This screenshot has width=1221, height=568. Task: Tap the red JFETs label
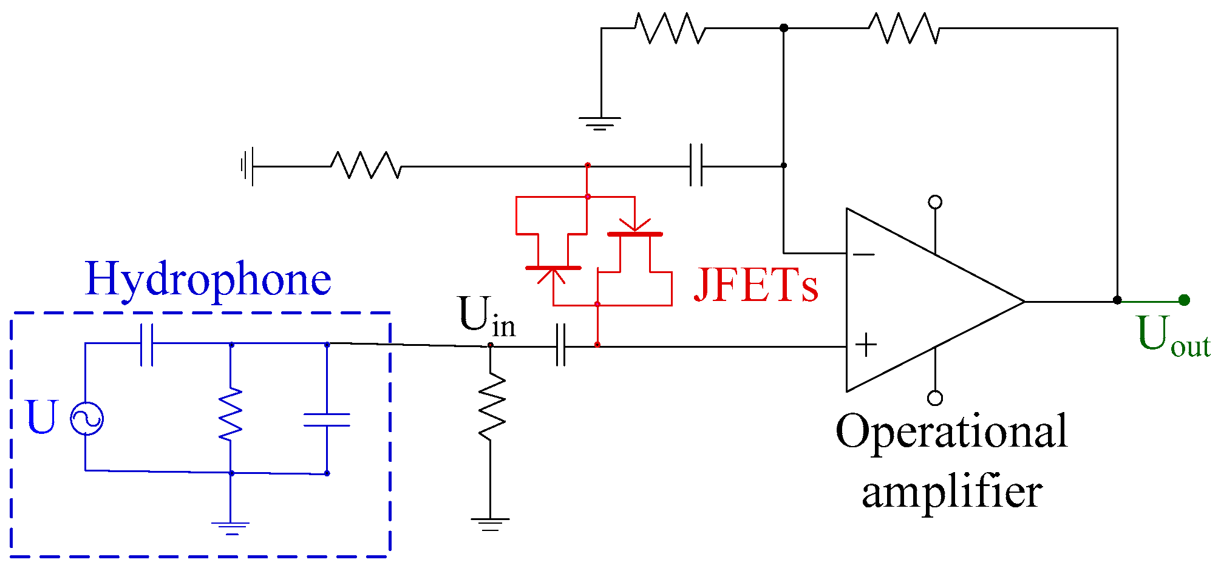click(x=756, y=285)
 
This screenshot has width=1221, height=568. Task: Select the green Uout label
click(x=1172, y=336)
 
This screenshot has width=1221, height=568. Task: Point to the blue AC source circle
click(x=86, y=419)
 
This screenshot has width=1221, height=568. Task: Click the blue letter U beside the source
click(x=42, y=418)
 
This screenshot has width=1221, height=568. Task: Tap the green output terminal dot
click(x=1183, y=300)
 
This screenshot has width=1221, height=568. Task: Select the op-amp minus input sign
click(x=863, y=254)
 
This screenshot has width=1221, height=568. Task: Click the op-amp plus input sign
click(x=866, y=345)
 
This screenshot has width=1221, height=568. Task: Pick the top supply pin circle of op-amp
click(x=935, y=202)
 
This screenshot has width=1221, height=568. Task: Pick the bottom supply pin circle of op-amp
click(x=935, y=398)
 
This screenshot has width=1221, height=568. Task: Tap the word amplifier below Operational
click(x=951, y=492)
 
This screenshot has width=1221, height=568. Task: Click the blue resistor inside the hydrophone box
click(x=231, y=414)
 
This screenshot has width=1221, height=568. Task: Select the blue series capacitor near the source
click(x=146, y=345)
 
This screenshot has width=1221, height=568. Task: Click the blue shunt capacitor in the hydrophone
click(x=327, y=419)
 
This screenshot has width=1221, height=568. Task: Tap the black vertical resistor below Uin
click(x=491, y=407)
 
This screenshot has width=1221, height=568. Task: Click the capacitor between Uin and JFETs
click(x=561, y=345)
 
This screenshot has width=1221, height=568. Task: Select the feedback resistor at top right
click(x=903, y=29)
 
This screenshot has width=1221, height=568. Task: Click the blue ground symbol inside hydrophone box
click(x=231, y=527)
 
